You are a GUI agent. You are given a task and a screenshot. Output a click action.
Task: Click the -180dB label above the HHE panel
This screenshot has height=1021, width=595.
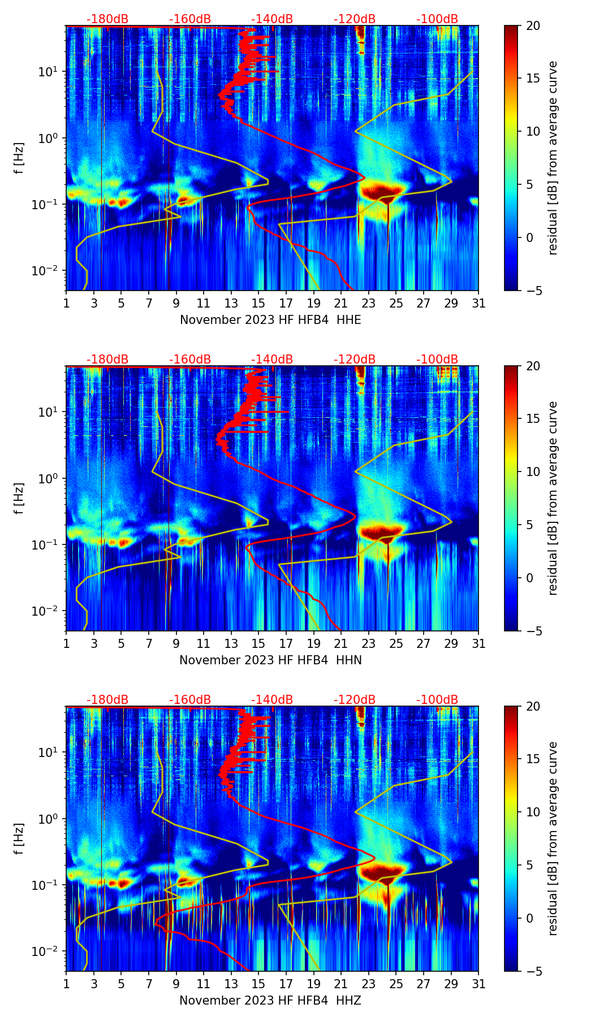point(107,19)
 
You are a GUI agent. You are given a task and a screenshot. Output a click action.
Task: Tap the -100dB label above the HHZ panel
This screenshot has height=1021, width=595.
point(437,700)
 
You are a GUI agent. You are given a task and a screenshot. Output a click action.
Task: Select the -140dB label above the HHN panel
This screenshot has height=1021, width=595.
point(272,360)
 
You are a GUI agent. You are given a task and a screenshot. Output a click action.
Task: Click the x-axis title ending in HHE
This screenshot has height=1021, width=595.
point(270,320)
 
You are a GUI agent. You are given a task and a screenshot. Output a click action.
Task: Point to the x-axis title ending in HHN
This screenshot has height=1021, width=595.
point(270,660)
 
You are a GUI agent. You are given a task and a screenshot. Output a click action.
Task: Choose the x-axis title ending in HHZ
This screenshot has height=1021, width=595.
point(270,1001)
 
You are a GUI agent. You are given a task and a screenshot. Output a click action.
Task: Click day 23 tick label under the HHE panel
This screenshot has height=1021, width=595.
point(369,303)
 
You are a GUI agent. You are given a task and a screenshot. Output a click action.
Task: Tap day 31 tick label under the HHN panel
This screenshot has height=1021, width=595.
point(478,643)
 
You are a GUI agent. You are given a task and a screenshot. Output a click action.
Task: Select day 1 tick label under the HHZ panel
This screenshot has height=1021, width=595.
point(66,984)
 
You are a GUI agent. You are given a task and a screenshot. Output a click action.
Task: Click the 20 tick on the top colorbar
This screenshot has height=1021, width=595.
point(533,25)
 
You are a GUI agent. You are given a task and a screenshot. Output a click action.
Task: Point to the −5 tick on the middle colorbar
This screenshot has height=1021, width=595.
point(533,630)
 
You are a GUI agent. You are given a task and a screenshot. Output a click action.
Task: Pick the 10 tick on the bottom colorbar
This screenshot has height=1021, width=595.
point(533,812)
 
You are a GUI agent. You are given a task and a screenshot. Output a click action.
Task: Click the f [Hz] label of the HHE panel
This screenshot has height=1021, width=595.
point(19,158)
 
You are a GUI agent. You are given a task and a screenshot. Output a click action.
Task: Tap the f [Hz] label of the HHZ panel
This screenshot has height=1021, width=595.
point(19,838)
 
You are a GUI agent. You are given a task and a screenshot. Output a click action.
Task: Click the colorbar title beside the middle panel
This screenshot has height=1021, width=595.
point(553,498)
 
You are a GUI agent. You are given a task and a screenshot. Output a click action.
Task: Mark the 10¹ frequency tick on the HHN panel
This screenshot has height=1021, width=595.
point(50,412)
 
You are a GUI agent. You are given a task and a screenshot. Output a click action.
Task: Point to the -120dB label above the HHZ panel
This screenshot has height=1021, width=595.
point(355,700)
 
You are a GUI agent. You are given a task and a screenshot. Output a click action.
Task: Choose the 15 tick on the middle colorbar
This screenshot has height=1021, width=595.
point(533,418)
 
